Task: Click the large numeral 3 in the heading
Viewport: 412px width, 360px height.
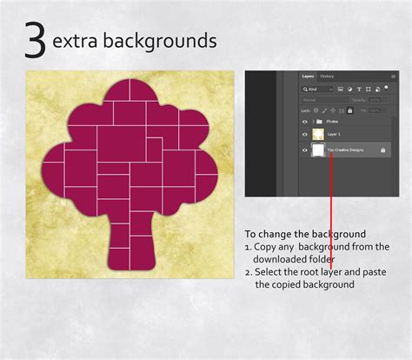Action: point(35,43)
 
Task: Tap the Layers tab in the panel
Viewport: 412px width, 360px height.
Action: point(308,77)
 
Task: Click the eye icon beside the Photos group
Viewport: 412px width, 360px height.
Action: point(304,122)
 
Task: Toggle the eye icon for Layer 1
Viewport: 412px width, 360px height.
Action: point(304,135)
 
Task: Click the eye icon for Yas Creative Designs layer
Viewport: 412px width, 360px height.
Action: point(304,150)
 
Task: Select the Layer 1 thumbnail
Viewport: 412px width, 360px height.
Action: point(317,135)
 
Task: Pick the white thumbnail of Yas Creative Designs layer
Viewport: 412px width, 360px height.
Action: point(318,150)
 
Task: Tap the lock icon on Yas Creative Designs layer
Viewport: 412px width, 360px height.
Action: point(383,150)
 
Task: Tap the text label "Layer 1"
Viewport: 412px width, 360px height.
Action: point(334,135)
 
